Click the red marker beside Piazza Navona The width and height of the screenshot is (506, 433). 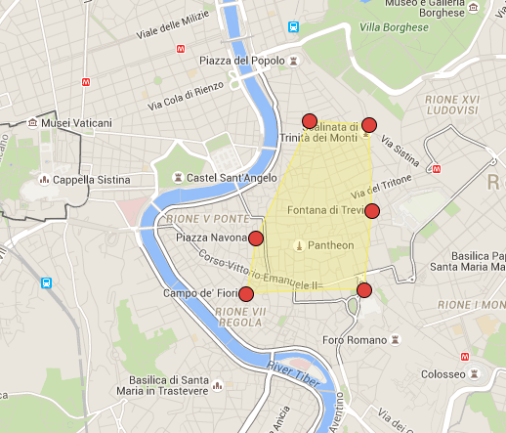(256, 238)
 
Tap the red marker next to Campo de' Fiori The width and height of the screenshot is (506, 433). (246, 293)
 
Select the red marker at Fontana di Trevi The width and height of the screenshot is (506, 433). (371, 211)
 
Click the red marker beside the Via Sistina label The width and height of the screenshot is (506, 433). (368, 124)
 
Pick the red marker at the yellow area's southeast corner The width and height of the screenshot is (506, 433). (364, 289)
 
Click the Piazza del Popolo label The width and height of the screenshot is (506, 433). (241, 62)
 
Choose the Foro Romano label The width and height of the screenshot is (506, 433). (355, 342)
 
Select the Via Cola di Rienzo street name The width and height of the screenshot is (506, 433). (187, 93)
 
